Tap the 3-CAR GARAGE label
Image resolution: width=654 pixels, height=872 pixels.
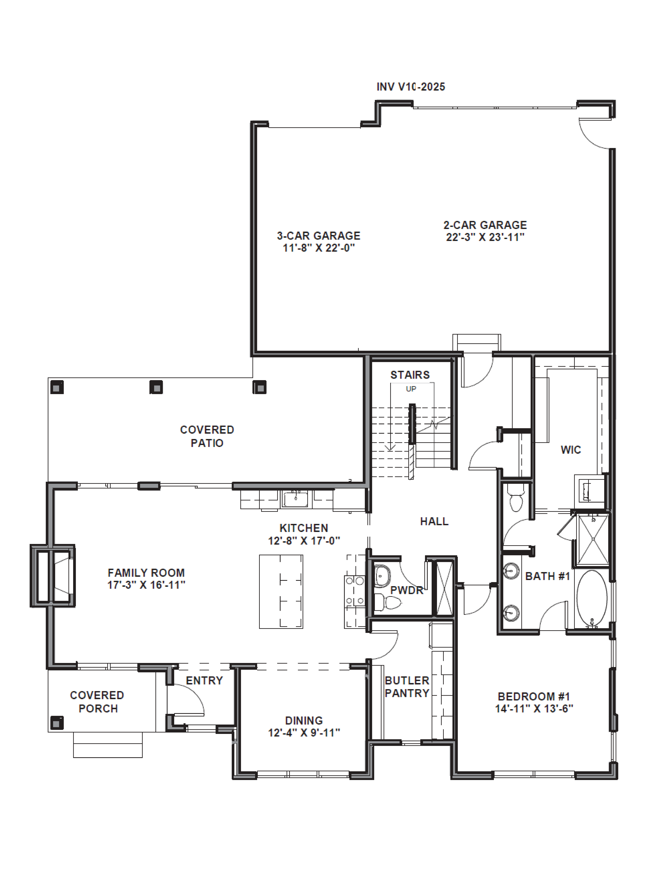pos(318,236)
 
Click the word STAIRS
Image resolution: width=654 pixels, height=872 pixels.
pos(410,375)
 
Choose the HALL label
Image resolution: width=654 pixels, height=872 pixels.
pos(434,521)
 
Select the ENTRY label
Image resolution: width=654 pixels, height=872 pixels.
pos(204,680)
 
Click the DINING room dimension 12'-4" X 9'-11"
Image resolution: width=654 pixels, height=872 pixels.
pos(304,733)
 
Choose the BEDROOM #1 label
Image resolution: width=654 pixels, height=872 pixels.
pos(534,697)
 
